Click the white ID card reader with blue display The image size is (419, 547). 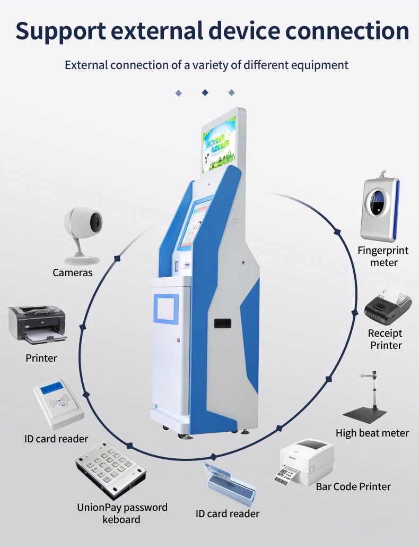click(58, 404)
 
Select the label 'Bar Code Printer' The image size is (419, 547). click(353, 486)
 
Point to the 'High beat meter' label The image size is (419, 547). click(372, 433)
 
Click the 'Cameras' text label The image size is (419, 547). click(73, 273)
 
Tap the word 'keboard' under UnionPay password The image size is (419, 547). click(121, 519)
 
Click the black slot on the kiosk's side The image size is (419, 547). click(222, 323)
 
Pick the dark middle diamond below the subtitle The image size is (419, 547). click(205, 93)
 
